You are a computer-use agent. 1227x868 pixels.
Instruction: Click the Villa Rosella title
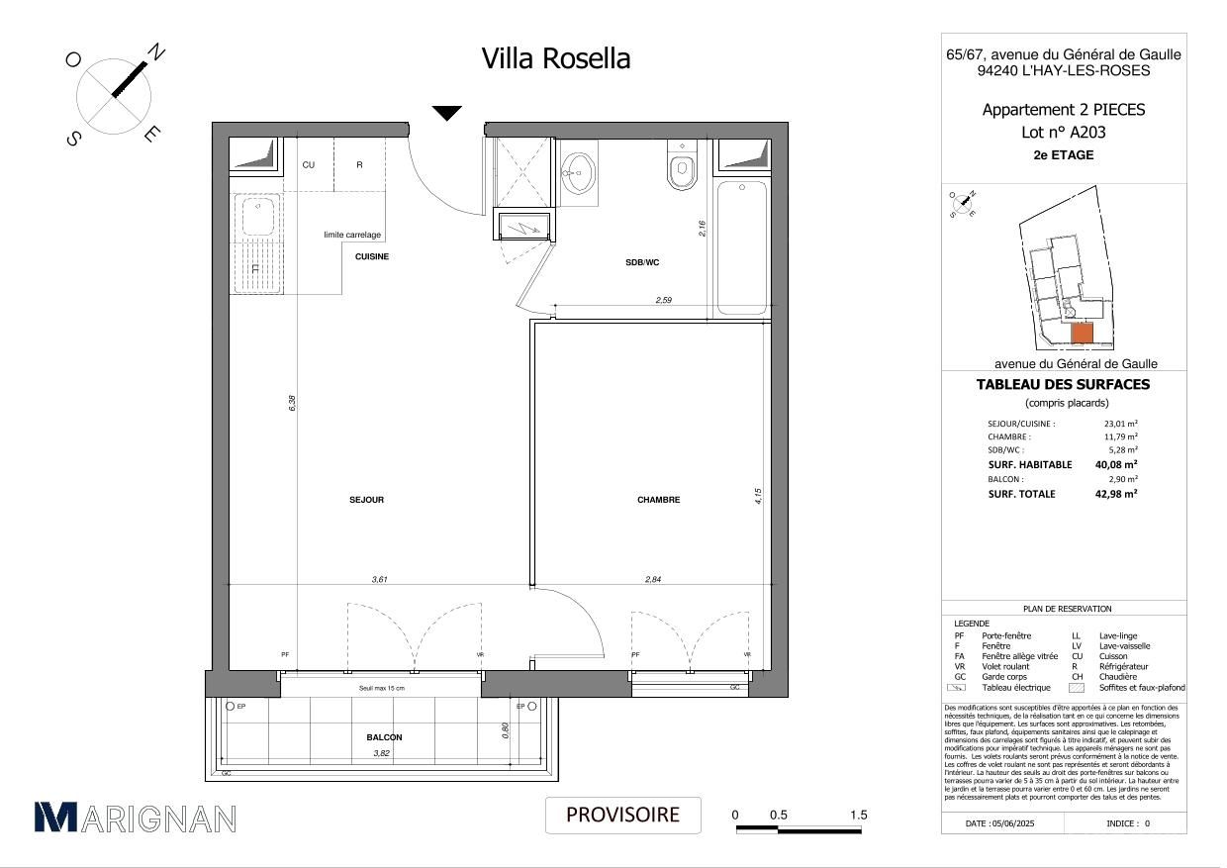(555, 59)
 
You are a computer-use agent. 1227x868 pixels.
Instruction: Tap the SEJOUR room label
(366, 500)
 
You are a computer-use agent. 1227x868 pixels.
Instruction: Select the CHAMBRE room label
(658, 500)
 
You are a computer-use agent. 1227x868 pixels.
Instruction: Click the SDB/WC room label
(641, 262)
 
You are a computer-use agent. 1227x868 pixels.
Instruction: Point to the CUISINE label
(372, 256)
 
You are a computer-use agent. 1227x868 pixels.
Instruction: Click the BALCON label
(384, 737)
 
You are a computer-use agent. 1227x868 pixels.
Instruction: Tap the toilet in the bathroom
(682, 168)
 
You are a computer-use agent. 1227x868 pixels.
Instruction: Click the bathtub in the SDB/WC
(740, 247)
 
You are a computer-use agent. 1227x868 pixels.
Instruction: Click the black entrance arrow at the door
(447, 113)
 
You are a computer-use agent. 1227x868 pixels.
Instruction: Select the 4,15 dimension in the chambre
(758, 496)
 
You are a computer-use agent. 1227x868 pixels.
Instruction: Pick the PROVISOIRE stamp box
(622, 815)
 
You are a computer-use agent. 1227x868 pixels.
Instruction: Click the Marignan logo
(136, 818)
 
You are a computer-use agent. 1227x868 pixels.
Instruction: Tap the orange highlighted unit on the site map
(1082, 335)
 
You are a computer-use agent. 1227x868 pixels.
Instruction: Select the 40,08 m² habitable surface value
(1116, 464)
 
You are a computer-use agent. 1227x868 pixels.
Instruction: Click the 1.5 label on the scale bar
(858, 815)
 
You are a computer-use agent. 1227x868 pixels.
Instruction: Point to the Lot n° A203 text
(1063, 132)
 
